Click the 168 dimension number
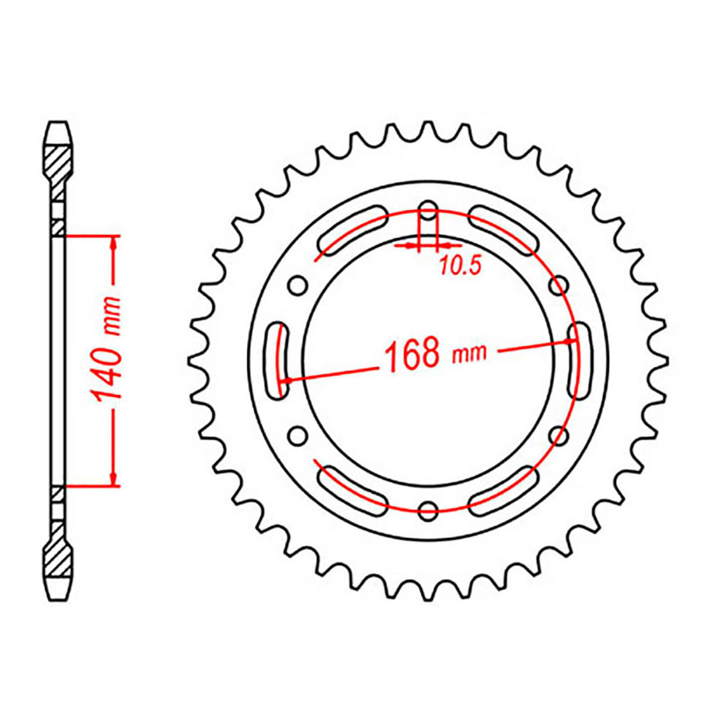click(413, 354)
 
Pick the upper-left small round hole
click(296, 285)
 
